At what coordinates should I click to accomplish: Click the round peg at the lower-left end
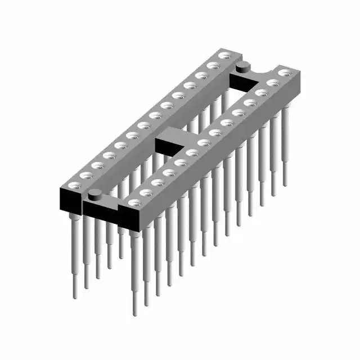tap(94, 196)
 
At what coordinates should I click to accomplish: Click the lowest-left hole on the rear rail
tap(74, 184)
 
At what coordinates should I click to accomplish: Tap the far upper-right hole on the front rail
tap(284, 73)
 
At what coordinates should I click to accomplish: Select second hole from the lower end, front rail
tap(145, 192)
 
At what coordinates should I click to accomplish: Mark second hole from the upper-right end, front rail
tap(272, 83)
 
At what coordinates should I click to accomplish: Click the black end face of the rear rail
tap(70, 200)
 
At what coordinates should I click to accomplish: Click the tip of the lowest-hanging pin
tap(135, 313)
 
